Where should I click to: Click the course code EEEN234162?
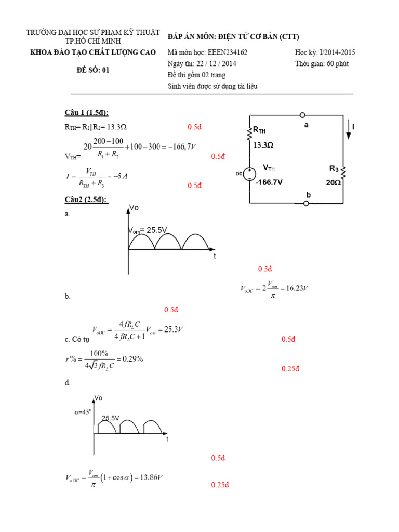[228, 52]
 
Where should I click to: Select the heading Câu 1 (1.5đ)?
[86, 113]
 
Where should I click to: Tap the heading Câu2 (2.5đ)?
[86, 199]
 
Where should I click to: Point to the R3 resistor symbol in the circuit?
[343, 171]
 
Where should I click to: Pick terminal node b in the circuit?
[306, 203]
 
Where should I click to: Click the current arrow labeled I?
[349, 130]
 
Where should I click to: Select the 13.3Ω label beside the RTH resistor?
[263, 145]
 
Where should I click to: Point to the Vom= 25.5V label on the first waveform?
[149, 230]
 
